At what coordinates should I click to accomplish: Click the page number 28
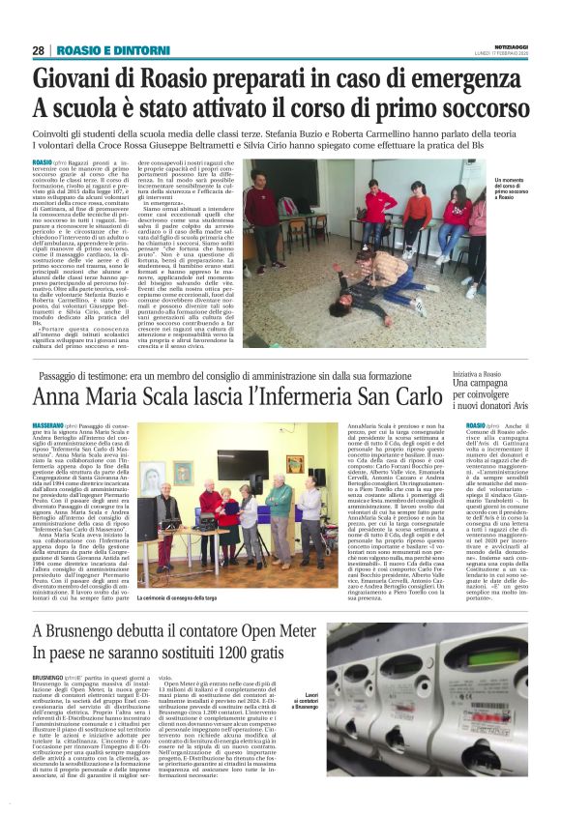click(x=39, y=50)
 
